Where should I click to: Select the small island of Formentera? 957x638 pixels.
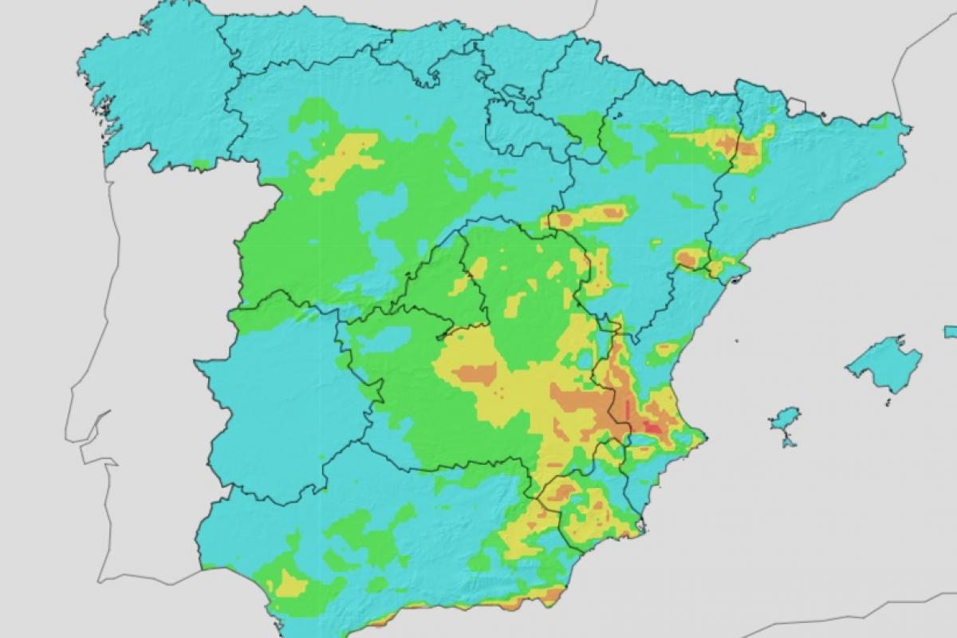click(789, 440)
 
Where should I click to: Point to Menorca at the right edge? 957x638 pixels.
click(951, 331)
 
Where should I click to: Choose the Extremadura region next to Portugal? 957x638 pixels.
click(279, 399)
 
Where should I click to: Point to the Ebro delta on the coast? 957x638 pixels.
click(734, 275)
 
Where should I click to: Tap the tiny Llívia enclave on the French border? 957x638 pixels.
click(796, 104)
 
